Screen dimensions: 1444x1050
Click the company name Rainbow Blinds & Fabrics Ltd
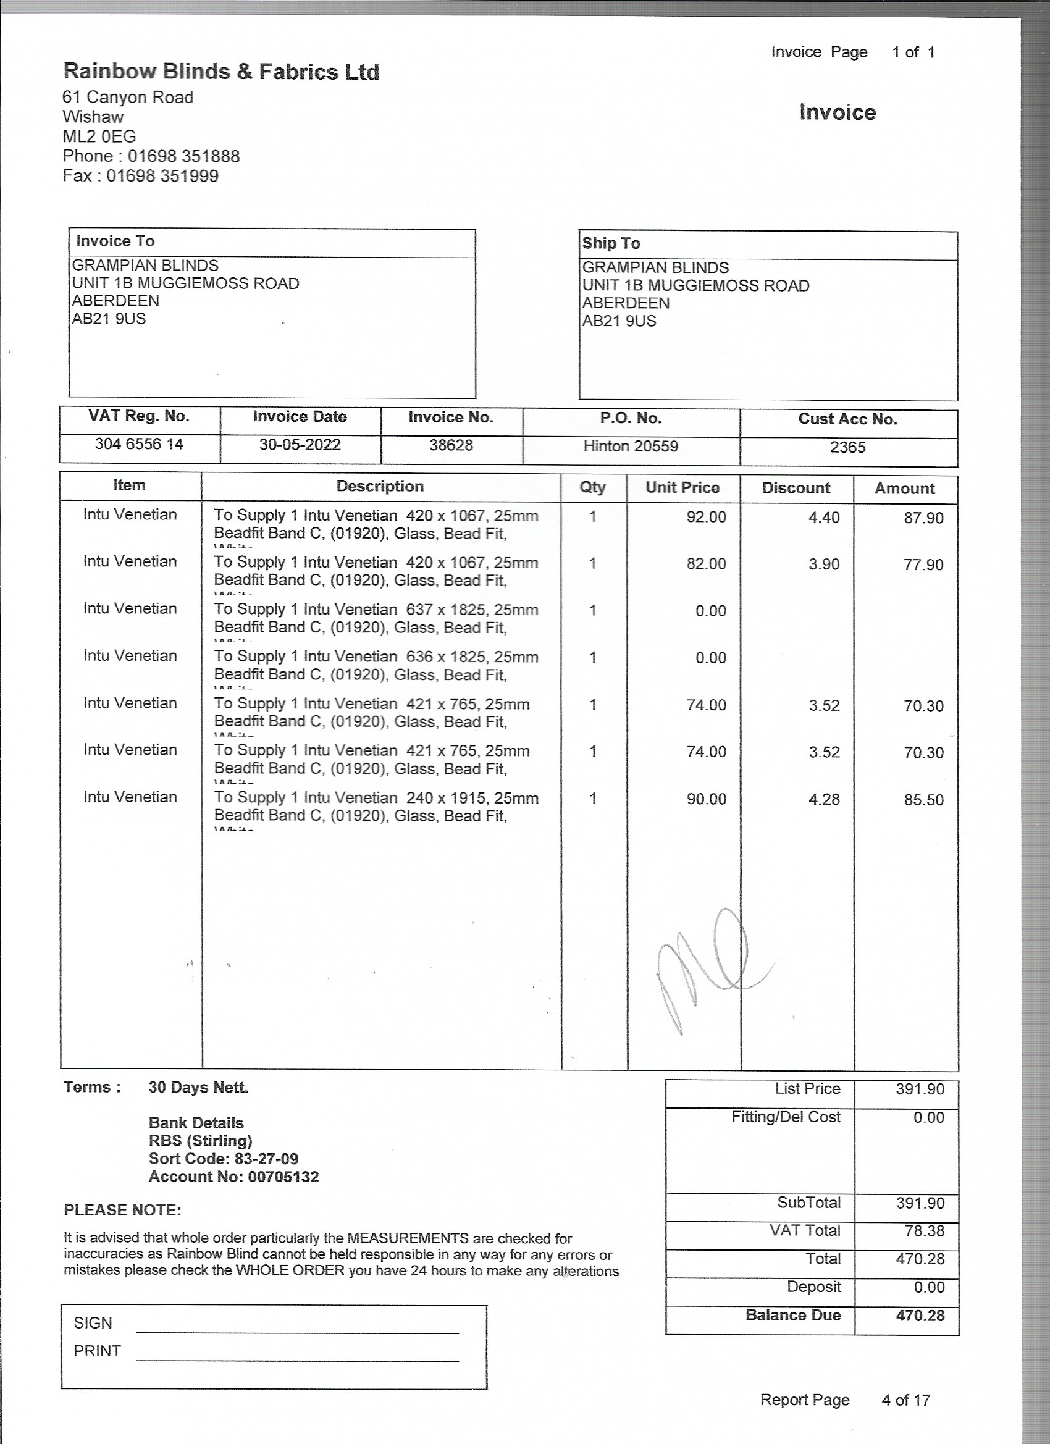221,72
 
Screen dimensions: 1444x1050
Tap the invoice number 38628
451,445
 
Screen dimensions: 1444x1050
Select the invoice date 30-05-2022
300,445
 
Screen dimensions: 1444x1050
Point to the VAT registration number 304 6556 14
139,444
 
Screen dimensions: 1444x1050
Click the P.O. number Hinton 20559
631,446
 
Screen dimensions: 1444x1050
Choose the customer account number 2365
847,447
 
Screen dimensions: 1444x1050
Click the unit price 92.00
705,517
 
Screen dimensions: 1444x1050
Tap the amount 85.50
923,800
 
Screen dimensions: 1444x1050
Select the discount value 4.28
824,799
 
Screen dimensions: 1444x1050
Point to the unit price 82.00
705,564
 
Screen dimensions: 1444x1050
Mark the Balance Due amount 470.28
920,1316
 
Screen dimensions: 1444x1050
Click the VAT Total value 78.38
924,1231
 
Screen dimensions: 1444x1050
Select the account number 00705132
283,1177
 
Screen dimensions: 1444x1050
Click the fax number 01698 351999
162,177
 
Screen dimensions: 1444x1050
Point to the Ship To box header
611,243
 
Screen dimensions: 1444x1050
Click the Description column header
380,487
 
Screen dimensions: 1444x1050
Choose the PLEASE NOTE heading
122,1210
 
